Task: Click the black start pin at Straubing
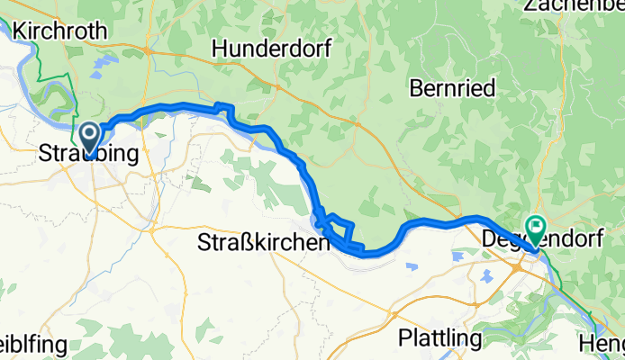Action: pos(91,138)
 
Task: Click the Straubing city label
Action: pos(89,155)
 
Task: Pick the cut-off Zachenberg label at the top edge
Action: pos(574,6)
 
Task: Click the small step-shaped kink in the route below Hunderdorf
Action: pos(226,112)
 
